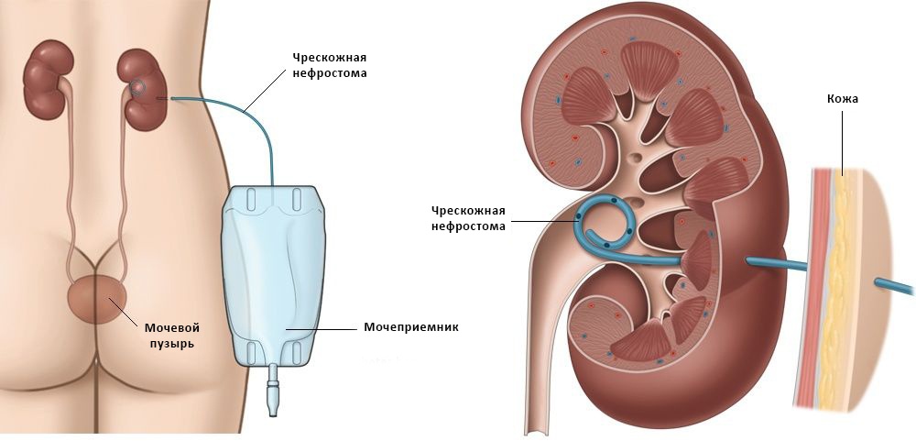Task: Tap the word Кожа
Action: [842, 99]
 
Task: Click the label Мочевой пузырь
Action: [172, 335]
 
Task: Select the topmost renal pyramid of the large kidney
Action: [647, 69]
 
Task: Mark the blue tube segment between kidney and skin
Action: [774, 265]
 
